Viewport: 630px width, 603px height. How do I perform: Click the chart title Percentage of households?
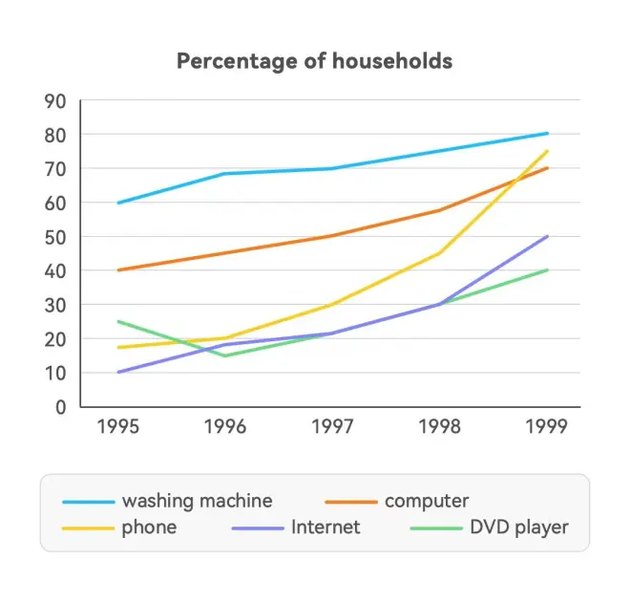point(315,61)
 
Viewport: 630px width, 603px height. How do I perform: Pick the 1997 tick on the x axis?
point(332,426)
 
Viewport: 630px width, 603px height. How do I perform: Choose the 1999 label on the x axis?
point(547,426)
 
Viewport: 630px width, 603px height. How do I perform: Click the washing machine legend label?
point(197,501)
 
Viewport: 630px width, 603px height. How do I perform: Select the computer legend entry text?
point(427,501)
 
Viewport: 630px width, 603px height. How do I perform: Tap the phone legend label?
point(149,527)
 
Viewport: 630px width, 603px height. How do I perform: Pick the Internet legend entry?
point(325,527)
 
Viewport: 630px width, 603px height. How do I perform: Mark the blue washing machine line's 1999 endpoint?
point(547,134)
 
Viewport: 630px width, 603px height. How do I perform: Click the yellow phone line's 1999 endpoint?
point(547,151)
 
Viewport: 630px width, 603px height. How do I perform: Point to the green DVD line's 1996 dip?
point(224,355)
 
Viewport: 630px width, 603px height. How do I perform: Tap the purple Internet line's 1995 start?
point(117,372)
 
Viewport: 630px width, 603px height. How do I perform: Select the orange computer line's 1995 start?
point(117,270)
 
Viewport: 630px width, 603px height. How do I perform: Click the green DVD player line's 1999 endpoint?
point(547,270)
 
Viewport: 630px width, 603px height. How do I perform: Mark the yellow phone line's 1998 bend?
point(439,253)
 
